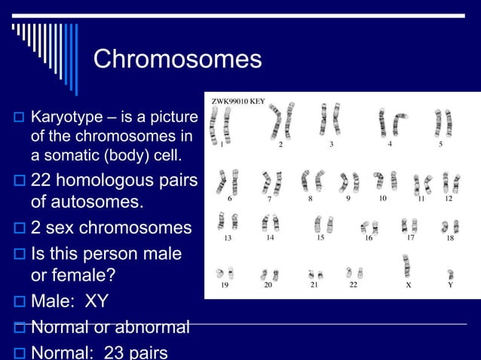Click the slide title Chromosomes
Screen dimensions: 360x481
click(x=177, y=59)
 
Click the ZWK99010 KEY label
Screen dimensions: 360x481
click(x=237, y=100)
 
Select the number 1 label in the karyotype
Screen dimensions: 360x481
click(x=222, y=146)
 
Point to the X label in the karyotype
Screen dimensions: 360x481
click(x=408, y=285)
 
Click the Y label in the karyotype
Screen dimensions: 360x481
click(x=450, y=285)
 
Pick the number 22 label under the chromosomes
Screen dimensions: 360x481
click(x=353, y=285)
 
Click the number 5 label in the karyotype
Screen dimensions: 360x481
click(x=441, y=145)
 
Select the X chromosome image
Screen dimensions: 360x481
click(x=407, y=266)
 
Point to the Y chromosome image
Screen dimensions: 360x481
click(x=450, y=273)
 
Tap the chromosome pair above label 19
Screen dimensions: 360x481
click(x=224, y=273)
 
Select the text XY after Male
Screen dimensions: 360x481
click(x=96, y=302)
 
